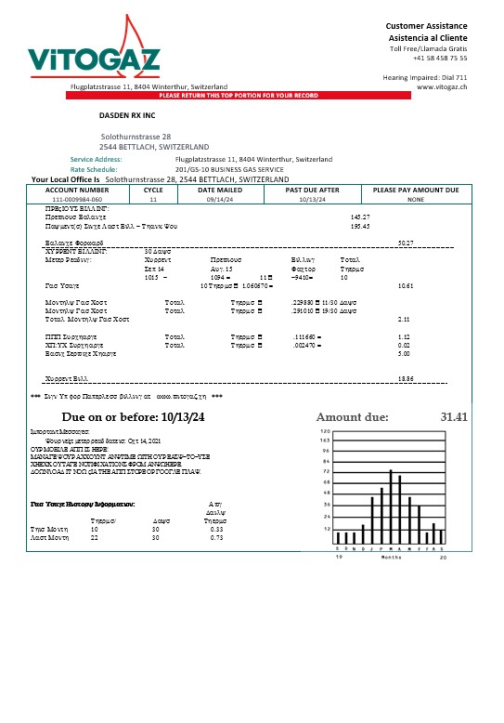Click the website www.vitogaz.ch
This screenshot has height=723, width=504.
(441, 86)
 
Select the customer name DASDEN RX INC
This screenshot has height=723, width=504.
(131, 118)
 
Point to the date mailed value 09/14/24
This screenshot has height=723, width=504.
(221, 199)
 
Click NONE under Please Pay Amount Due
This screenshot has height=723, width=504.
(415, 199)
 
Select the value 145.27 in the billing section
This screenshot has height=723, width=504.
(360, 217)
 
